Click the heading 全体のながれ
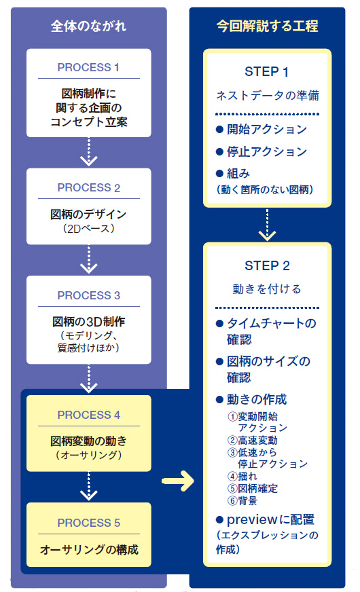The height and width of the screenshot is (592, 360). [x=88, y=26]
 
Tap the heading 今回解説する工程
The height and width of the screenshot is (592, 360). [x=267, y=26]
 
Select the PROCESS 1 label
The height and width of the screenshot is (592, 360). [x=88, y=67]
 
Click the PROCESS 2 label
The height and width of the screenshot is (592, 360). [x=89, y=187]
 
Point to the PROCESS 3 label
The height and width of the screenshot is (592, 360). [x=89, y=295]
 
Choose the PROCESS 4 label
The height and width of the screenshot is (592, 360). [x=89, y=415]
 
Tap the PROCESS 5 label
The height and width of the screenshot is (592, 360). [x=89, y=523]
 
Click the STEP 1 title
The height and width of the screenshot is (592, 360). [x=267, y=72]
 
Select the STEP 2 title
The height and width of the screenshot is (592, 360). [x=267, y=266]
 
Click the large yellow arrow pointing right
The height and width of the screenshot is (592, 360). [x=178, y=481]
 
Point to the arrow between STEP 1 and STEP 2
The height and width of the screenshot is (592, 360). [x=267, y=225]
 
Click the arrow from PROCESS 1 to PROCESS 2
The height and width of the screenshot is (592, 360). [x=89, y=152]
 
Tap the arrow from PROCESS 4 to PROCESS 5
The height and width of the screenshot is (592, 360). [x=89, y=486]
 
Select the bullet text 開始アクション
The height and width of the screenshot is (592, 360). [x=267, y=130]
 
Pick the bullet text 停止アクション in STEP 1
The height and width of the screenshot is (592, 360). [x=267, y=152]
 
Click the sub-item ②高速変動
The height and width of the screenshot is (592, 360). [x=253, y=440]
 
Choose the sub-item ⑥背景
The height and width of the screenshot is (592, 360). [x=242, y=500]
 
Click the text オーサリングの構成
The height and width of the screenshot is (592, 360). [x=89, y=549]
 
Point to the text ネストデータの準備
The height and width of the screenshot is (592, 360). [x=268, y=96]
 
